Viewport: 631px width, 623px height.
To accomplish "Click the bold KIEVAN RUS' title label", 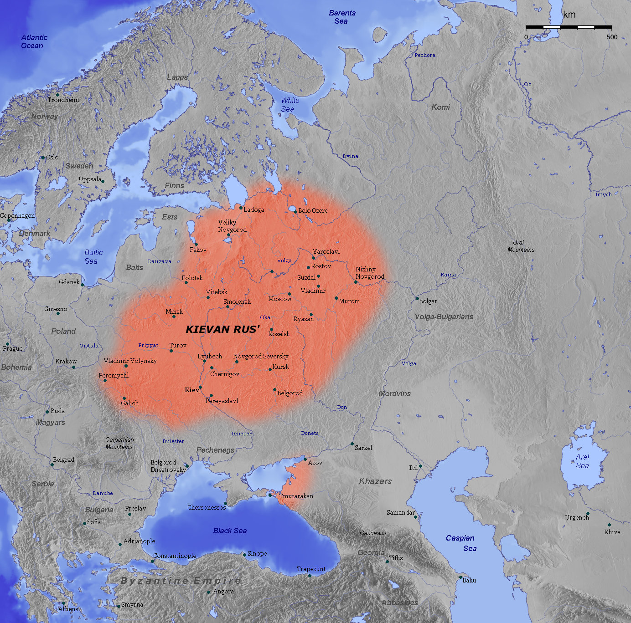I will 222,329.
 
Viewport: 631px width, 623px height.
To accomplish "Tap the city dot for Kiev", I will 200,388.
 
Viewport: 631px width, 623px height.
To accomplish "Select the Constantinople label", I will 175,556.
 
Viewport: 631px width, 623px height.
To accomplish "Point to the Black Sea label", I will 230,531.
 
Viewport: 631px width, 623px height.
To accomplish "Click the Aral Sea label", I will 582,461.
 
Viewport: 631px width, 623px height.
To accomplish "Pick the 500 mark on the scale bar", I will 612,37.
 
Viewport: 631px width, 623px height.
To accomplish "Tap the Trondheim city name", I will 63,100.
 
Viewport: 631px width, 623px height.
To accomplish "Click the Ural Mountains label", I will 521,246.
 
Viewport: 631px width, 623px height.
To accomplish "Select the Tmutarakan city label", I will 296,496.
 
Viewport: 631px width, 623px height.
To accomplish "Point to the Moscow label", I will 279,299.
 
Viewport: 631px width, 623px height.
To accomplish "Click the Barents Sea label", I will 341,17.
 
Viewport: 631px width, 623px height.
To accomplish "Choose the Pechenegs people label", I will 215,450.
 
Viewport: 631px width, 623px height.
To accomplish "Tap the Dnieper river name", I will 241,434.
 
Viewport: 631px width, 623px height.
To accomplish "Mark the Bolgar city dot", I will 417,299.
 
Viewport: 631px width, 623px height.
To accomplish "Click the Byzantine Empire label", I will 181,581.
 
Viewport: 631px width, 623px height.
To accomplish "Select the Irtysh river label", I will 603,194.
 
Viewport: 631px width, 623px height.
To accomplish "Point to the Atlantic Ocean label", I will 34,41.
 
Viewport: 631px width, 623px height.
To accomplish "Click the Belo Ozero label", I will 313,210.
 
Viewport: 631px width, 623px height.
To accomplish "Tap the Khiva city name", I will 612,532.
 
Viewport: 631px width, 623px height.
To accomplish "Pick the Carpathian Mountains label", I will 119,443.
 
